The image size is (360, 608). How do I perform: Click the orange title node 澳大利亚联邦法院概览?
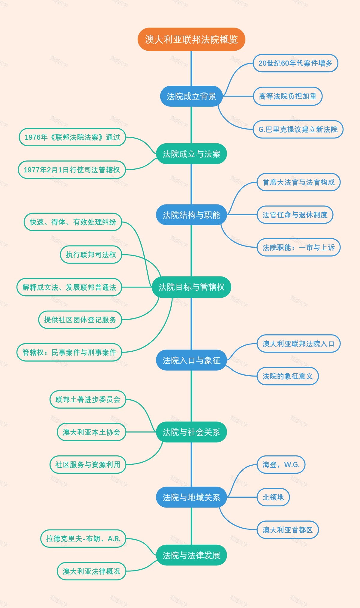(x=191, y=39)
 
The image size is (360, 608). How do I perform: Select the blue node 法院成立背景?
(x=191, y=96)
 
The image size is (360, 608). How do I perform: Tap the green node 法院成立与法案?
(x=191, y=154)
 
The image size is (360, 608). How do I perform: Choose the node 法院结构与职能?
(x=191, y=215)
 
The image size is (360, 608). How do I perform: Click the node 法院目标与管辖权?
(x=191, y=287)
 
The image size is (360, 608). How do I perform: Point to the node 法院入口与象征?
(x=191, y=360)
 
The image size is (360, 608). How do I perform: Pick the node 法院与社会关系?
(x=191, y=432)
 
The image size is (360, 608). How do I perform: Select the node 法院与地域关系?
(x=191, y=497)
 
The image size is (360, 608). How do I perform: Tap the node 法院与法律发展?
(x=191, y=555)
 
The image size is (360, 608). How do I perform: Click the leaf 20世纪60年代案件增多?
(x=295, y=63)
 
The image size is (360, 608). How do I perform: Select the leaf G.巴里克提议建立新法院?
(x=298, y=129)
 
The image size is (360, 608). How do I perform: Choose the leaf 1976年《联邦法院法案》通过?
(x=72, y=137)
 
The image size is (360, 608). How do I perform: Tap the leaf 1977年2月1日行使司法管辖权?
(x=72, y=170)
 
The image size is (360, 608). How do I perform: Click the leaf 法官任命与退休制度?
(x=295, y=215)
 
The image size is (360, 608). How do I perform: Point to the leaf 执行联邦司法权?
(x=91, y=255)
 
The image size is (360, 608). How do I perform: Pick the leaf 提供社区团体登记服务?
(x=80, y=320)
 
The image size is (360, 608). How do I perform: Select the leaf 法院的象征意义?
(x=287, y=376)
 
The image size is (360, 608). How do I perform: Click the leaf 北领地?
(x=273, y=497)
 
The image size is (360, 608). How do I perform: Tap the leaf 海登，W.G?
(x=281, y=465)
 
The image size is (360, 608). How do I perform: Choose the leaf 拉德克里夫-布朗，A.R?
(x=83, y=539)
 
